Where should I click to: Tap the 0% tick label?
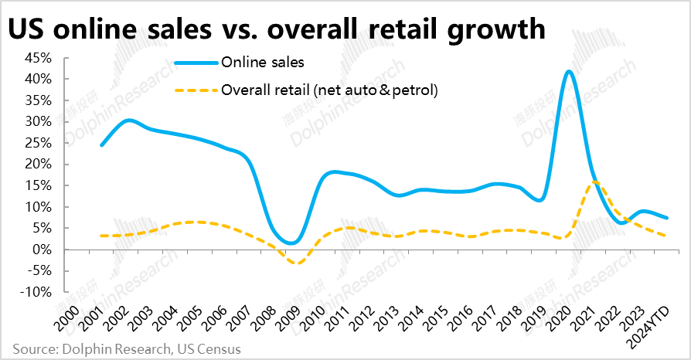click(42, 250)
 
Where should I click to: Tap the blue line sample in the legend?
click(196, 62)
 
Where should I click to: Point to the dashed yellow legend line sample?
click(196, 90)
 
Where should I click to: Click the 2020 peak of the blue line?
click(570, 72)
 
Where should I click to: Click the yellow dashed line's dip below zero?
click(295, 263)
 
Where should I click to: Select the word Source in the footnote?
click(33, 349)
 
